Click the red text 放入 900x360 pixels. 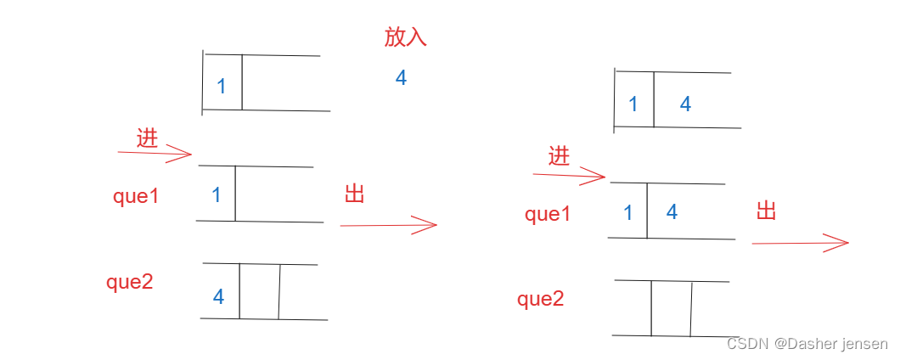[x=405, y=37]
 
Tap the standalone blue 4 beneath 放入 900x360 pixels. [x=401, y=78]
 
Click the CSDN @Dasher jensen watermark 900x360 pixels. [x=807, y=344]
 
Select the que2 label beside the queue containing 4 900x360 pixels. [x=129, y=283]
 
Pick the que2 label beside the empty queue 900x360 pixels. [x=541, y=299]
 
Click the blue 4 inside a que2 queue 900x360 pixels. [x=218, y=297]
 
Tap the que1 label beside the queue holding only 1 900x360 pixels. [x=136, y=196]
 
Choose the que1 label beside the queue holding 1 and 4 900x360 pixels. [x=548, y=215]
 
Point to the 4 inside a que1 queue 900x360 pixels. [x=672, y=212]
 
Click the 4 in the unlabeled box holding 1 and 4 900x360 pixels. [x=685, y=104]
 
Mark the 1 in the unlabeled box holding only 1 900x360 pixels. [x=222, y=87]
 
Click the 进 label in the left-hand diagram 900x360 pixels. [x=148, y=138]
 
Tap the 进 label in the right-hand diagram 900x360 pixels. [x=560, y=156]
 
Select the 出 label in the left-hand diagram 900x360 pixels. [x=355, y=194]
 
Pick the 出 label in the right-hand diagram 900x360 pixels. [x=767, y=211]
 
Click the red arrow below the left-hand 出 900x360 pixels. [x=388, y=225]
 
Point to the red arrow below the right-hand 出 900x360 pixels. [x=800, y=244]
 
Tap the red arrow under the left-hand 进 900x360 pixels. [x=155, y=154]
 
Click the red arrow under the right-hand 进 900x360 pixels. [x=568, y=176]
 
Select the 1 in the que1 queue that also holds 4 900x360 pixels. [x=628, y=213]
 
